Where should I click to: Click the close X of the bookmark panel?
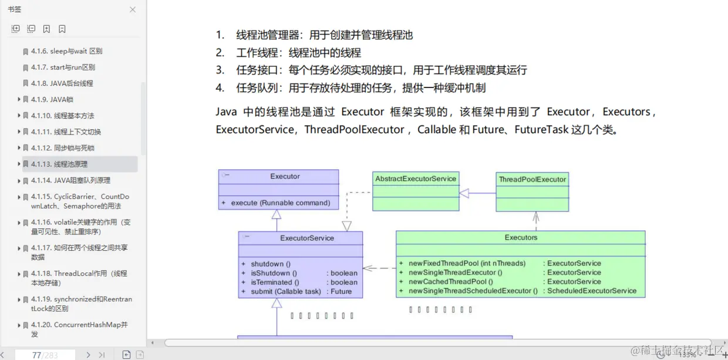133,10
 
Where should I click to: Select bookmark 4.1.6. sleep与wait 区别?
66,51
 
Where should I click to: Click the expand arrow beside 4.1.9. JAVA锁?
19,99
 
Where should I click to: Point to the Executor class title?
285,176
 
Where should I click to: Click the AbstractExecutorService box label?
415,179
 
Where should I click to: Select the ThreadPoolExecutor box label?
532,179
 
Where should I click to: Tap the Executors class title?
521,237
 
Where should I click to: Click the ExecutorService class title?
307,238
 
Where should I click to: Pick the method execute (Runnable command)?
280,203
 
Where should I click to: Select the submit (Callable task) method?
286,291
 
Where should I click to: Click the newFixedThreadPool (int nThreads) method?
467,263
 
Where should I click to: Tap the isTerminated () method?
275,282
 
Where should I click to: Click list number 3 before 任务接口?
220,70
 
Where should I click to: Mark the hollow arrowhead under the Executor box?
277,214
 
